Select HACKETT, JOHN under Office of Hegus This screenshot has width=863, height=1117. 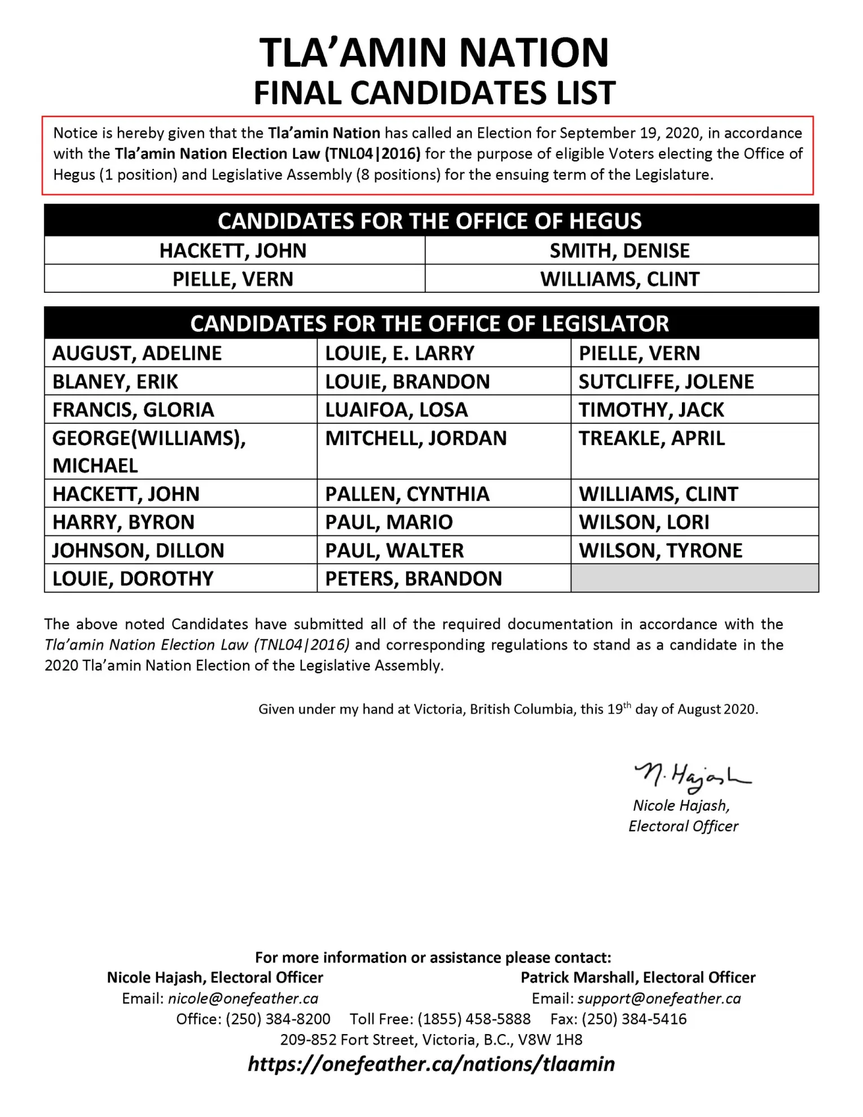point(233,250)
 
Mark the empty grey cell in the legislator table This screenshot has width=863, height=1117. point(694,579)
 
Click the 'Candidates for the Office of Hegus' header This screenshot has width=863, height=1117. point(431,221)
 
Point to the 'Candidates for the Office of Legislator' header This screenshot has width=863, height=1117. point(431,324)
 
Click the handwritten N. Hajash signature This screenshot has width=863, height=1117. point(692,778)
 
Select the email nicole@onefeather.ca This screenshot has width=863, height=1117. point(243,999)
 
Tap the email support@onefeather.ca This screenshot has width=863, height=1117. point(659,999)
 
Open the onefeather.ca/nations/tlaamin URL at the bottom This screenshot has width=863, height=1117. point(431,1064)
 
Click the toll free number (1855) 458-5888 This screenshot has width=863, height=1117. point(474,1019)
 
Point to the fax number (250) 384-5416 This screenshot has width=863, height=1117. point(634,1019)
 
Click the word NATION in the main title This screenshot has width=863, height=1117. point(534,53)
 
